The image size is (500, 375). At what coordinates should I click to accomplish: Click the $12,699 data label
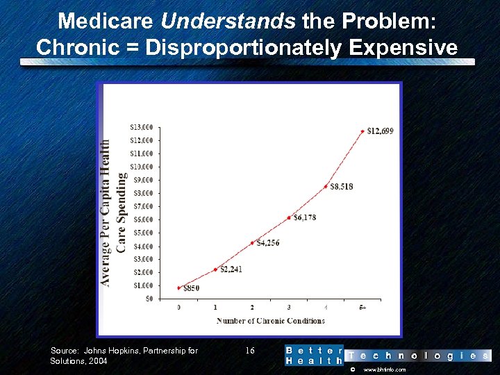coord(380,131)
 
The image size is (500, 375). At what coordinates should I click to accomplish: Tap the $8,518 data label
coord(342,186)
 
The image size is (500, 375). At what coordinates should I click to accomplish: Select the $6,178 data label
coord(304,217)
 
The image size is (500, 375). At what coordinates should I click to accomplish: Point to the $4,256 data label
coord(267,243)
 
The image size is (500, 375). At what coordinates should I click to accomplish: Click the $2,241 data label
coord(231,269)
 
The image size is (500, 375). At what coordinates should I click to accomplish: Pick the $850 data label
coord(191,287)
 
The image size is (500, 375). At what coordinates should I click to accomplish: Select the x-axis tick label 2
coord(252,307)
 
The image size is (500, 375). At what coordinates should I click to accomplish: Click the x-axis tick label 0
coord(178,307)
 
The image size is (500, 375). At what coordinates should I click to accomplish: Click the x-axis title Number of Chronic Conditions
coord(270,321)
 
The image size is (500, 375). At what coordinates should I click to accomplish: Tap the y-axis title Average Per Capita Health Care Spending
coord(113,212)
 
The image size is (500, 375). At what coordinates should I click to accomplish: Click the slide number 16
coord(251,351)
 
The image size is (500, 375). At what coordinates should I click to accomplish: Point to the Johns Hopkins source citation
coord(124,356)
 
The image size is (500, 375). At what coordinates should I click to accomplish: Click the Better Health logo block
coord(314,356)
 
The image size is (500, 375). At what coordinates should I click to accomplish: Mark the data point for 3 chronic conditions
coord(289,217)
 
